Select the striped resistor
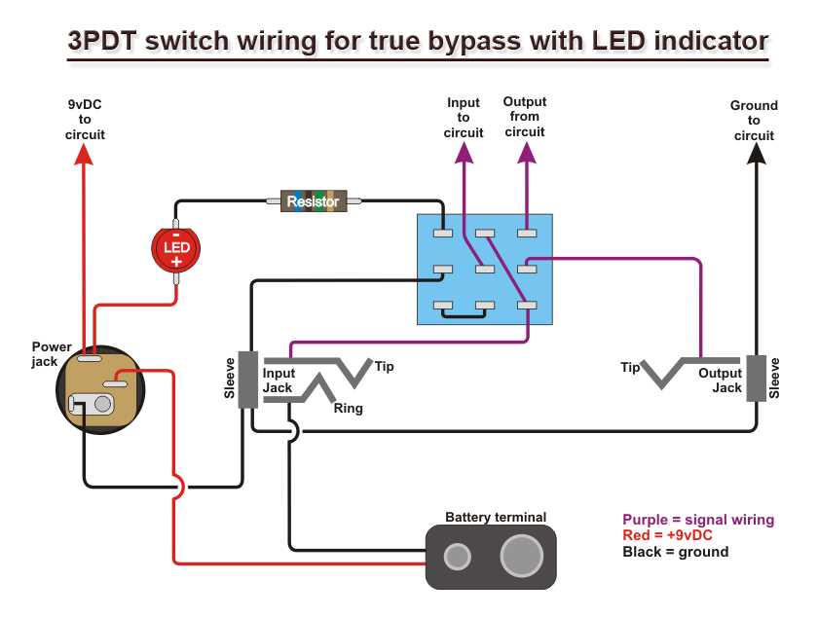click(x=314, y=201)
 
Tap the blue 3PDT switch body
click(x=484, y=270)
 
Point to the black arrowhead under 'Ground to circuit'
click(x=755, y=155)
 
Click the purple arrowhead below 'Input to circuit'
click(x=464, y=153)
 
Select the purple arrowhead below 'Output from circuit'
click(x=526, y=153)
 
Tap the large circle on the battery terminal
click(x=521, y=557)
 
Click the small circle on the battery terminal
click(x=456, y=557)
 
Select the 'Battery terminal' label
click(x=496, y=517)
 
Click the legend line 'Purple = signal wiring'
click(x=698, y=520)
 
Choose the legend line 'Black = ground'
click(x=675, y=552)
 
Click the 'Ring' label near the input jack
click(x=348, y=409)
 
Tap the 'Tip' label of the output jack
click(x=630, y=367)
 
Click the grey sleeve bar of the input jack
click(x=247, y=380)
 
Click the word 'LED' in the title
click(x=620, y=41)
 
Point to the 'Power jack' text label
click(x=51, y=353)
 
